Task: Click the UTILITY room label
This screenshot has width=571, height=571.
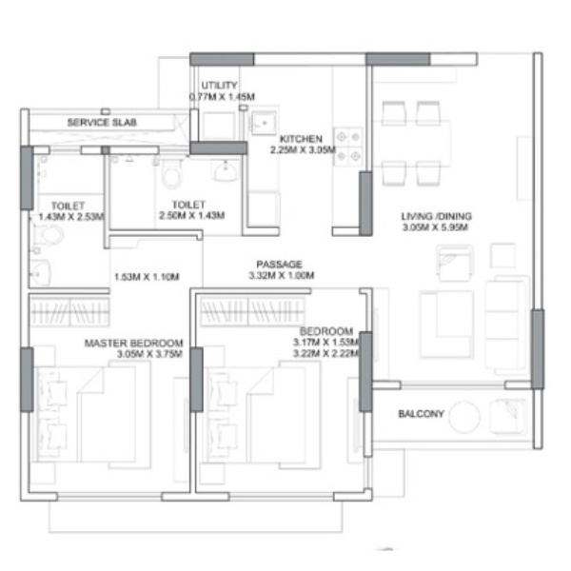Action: (x=219, y=86)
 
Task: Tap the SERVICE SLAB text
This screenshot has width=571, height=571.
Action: (x=102, y=123)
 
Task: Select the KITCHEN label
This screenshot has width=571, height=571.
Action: (x=301, y=139)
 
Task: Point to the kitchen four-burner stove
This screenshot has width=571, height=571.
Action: (x=348, y=147)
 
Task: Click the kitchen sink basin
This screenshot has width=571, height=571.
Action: (x=264, y=123)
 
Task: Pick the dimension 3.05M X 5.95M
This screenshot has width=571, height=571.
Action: (x=435, y=227)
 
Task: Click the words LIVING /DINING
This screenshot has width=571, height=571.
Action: (x=436, y=216)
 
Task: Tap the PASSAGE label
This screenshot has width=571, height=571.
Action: (x=279, y=264)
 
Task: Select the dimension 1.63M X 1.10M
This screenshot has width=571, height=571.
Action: (x=147, y=277)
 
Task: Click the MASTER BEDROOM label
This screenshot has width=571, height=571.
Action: (x=133, y=343)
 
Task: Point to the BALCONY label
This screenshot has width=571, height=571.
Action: (x=422, y=414)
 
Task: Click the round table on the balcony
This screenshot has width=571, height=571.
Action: (x=464, y=417)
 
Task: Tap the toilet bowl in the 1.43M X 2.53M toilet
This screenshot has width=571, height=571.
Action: (x=49, y=234)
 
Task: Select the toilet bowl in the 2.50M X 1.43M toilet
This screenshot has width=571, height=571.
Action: (x=171, y=174)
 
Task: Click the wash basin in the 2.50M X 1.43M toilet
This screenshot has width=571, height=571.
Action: (x=225, y=171)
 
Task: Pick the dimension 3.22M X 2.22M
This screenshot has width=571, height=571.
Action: (x=326, y=353)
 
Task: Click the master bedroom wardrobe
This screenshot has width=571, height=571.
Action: (x=69, y=312)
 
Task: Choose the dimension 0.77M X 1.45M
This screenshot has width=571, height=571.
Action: (x=222, y=96)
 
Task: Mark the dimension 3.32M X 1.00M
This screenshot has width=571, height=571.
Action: (x=281, y=275)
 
